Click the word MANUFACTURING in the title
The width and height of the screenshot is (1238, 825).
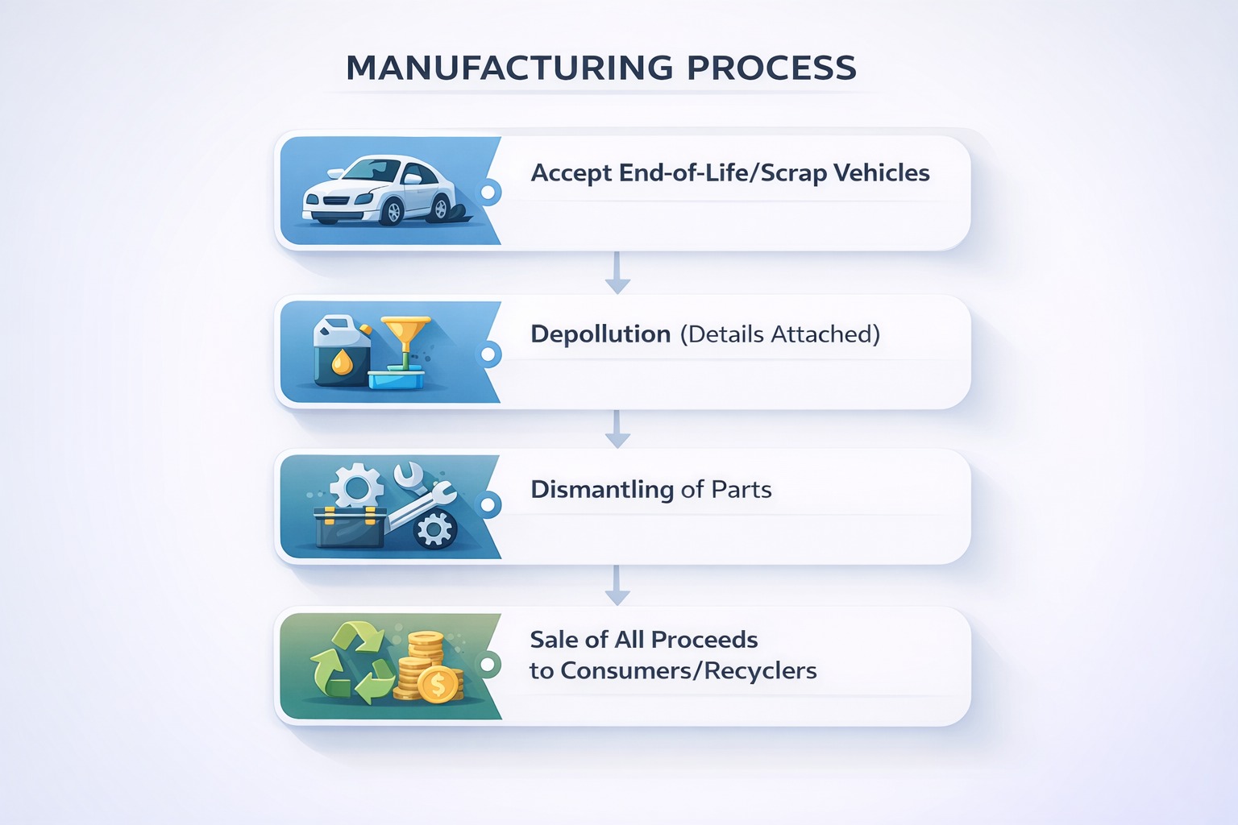[x=509, y=68]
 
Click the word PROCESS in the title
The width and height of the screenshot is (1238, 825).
[x=771, y=68]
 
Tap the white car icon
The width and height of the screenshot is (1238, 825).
[x=379, y=190]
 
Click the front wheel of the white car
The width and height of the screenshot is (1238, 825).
[x=393, y=211]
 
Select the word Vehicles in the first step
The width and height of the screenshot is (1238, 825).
[x=881, y=173]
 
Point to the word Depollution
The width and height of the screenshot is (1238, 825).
[x=600, y=334]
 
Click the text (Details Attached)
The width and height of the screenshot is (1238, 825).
[x=780, y=334]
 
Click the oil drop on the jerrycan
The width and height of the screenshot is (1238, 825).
[x=343, y=363]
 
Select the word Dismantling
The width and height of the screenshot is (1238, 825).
[x=602, y=490]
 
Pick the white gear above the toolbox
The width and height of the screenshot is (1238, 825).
[x=357, y=487]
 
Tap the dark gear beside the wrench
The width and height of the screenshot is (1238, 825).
[x=435, y=529]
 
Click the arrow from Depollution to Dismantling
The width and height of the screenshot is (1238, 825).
[x=617, y=429]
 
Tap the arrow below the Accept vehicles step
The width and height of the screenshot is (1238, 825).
[x=617, y=272]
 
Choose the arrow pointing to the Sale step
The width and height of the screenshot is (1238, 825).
[x=617, y=586]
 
